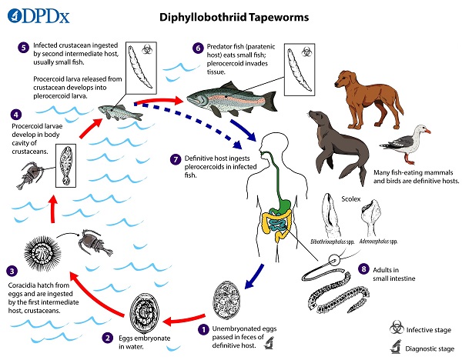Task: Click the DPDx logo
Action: pyautogui.click(x=38, y=16)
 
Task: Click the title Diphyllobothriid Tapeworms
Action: pyautogui.click(x=234, y=17)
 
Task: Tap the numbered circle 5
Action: pyautogui.click(x=23, y=48)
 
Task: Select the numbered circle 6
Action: pyautogui.click(x=198, y=48)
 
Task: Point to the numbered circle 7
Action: pyautogui.click(x=176, y=159)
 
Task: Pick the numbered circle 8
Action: pyautogui.click(x=363, y=268)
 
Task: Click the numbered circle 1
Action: pyautogui.click(x=203, y=330)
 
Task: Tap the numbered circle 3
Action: pyautogui.click(x=12, y=271)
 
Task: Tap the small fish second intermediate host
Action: pyautogui.click(x=120, y=112)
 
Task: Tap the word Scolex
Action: pyautogui.click(x=350, y=199)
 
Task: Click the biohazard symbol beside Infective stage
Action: pyautogui.click(x=397, y=328)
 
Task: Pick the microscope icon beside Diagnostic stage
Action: pyautogui.click(x=397, y=347)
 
